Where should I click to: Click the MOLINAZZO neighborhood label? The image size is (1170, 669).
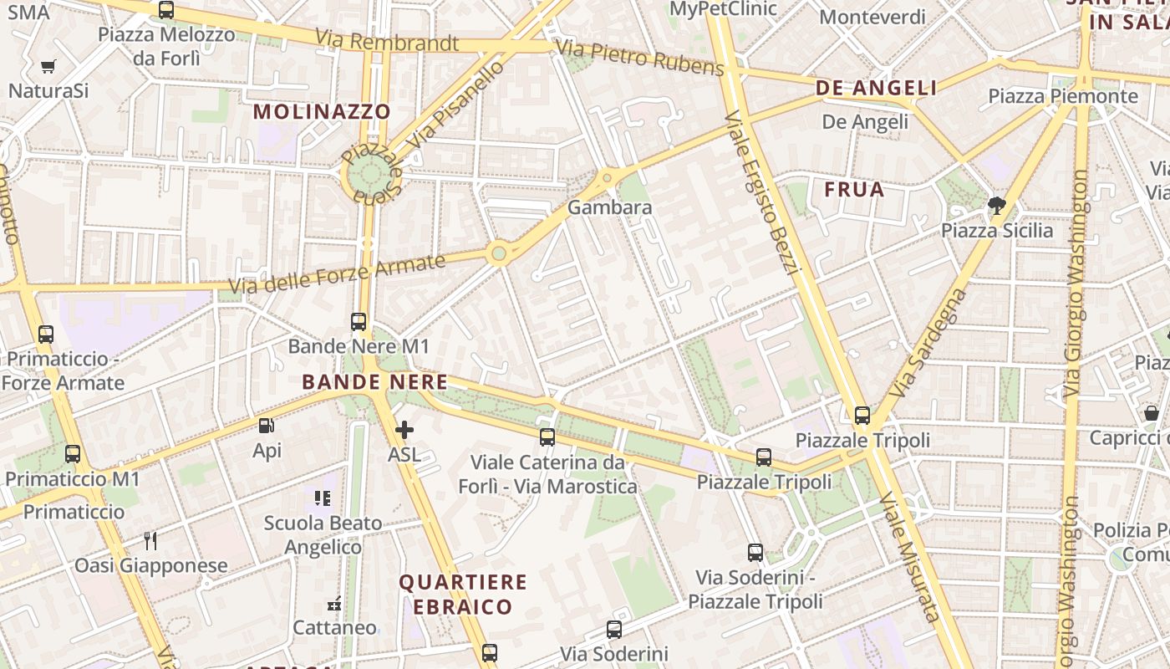click(322, 111)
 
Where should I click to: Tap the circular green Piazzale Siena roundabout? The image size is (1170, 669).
click(370, 175)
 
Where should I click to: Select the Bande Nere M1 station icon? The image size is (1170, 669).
click(359, 322)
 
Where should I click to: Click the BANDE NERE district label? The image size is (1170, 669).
click(374, 382)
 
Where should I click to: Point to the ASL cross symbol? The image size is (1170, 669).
click(404, 431)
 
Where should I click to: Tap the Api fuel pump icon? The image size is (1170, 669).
click(267, 426)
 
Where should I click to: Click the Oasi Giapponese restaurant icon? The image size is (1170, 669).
click(150, 541)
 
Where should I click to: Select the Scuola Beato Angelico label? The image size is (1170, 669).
click(323, 535)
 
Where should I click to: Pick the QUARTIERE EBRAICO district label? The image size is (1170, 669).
click(462, 594)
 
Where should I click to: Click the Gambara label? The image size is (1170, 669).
click(609, 207)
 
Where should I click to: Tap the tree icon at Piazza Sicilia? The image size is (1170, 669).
click(996, 205)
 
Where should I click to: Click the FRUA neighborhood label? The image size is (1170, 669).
click(854, 190)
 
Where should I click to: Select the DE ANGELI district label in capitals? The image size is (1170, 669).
click(876, 88)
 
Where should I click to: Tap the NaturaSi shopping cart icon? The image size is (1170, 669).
click(48, 66)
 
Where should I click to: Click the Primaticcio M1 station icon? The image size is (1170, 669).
click(73, 454)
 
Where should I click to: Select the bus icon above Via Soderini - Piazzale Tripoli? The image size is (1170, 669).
click(755, 553)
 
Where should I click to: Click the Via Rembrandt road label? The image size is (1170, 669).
click(387, 39)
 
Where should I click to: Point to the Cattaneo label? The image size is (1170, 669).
click(334, 627)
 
